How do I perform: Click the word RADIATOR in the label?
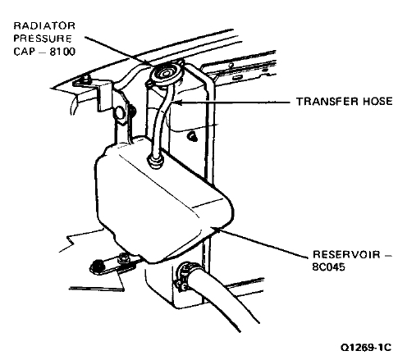click(x=44, y=25)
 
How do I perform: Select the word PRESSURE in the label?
click(x=43, y=39)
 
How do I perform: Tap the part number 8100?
click(x=62, y=52)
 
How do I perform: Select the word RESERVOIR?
click(x=346, y=255)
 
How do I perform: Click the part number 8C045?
click(x=328, y=267)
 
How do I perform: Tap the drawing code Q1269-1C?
click(x=366, y=348)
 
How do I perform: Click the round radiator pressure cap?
click(x=165, y=74)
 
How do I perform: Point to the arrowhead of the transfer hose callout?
click(x=175, y=103)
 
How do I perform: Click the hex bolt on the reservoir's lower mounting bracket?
click(x=122, y=257)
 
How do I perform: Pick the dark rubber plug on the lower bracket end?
click(x=98, y=267)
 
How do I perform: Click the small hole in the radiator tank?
click(x=193, y=137)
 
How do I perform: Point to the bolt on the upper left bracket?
click(x=86, y=79)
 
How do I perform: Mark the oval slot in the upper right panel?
click(x=237, y=78)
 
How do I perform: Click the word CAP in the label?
click(x=23, y=52)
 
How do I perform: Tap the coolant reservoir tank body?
click(x=162, y=203)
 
